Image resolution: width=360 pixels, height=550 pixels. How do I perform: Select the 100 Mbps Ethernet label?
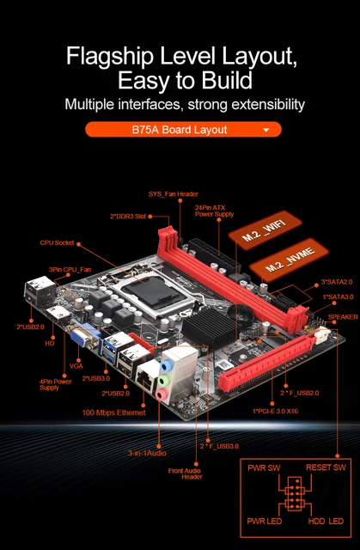[x=115, y=412]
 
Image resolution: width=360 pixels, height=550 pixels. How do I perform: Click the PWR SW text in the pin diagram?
[x=262, y=468]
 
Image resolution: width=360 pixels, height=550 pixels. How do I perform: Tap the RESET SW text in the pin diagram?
[x=326, y=468]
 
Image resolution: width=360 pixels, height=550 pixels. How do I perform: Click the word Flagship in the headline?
[x=112, y=58]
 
